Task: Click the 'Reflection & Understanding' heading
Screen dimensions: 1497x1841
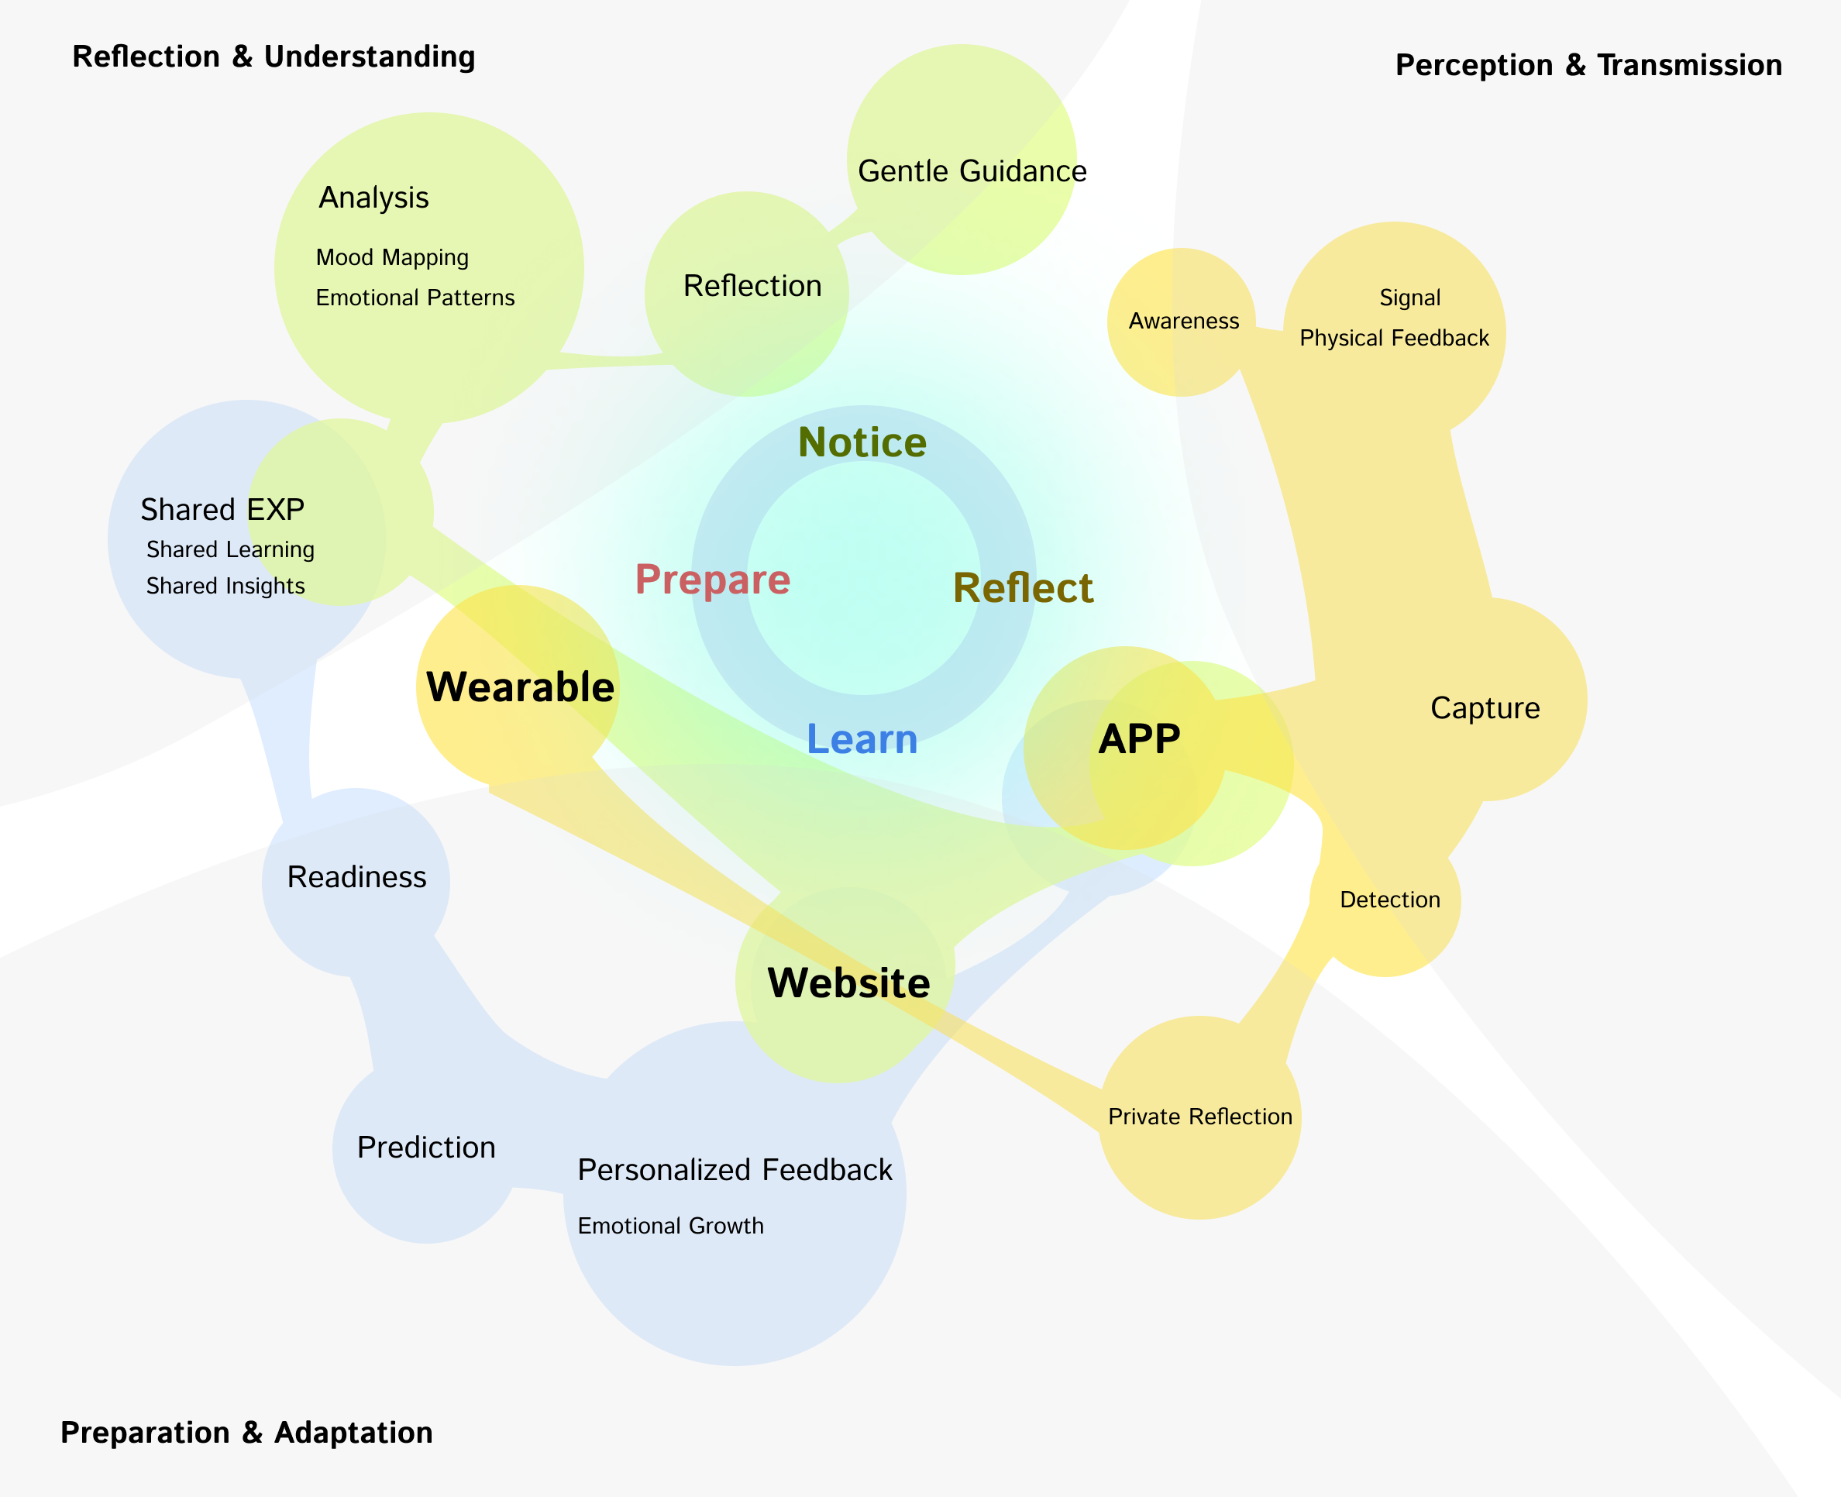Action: [x=274, y=57]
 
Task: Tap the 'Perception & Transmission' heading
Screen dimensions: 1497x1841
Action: [x=1588, y=66]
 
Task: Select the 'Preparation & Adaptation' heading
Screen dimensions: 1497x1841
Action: [x=246, y=1433]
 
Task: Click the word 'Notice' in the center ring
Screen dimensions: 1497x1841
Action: [x=862, y=442]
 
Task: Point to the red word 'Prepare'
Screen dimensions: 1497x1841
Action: [x=712, y=580]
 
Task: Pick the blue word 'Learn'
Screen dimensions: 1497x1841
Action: [x=862, y=739]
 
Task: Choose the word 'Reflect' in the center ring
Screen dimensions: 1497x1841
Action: [x=1023, y=588]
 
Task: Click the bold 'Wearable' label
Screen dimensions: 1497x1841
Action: [x=520, y=687]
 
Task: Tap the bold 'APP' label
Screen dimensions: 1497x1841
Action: [x=1139, y=739]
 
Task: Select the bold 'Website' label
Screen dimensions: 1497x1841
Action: [x=848, y=983]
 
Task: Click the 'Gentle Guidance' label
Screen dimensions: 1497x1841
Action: [x=972, y=171]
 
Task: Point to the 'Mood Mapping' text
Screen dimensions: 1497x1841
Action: [x=392, y=257]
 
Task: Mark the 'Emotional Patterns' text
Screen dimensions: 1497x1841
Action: [x=415, y=298]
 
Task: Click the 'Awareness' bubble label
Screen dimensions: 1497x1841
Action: [x=1183, y=321]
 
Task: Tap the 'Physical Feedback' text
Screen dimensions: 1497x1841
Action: [x=1393, y=338]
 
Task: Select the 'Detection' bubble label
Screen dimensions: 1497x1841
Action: [x=1389, y=900]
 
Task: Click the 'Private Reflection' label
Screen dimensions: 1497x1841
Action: [x=1199, y=1117]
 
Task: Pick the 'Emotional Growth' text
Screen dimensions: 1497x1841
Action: [x=670, y=1225]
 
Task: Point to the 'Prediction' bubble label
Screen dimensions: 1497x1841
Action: [x=426, y=1148]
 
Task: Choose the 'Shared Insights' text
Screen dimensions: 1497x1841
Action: [x=225, y=586]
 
